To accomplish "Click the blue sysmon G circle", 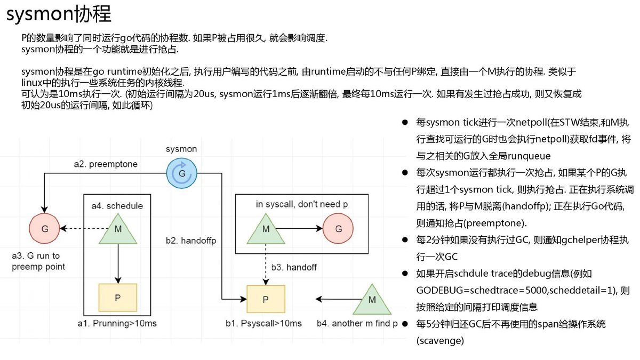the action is coord(182,173).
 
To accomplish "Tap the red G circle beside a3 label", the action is coord(45,228).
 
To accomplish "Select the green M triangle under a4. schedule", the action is coord(118,230).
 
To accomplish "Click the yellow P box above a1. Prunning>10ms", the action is coord(118,298).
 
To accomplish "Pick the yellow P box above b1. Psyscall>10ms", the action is coord(266,299).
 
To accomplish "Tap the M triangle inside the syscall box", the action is coord(266,230).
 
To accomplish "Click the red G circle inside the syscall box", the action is coord(338,228).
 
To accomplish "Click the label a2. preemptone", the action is coord(106,164).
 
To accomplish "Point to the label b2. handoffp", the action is coord(191,241).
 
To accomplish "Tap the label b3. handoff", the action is coord(294,267).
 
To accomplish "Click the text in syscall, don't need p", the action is coord(302,204).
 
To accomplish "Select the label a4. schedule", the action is coord(117,206).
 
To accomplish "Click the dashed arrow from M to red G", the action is coord(85,228).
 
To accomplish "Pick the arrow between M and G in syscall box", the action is coord(299,228).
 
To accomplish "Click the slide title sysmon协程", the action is coord(59,14).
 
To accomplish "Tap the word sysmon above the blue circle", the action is coord(181,149).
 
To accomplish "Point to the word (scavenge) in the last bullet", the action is coord(440,341).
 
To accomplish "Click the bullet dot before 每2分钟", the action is coord(405,239).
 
